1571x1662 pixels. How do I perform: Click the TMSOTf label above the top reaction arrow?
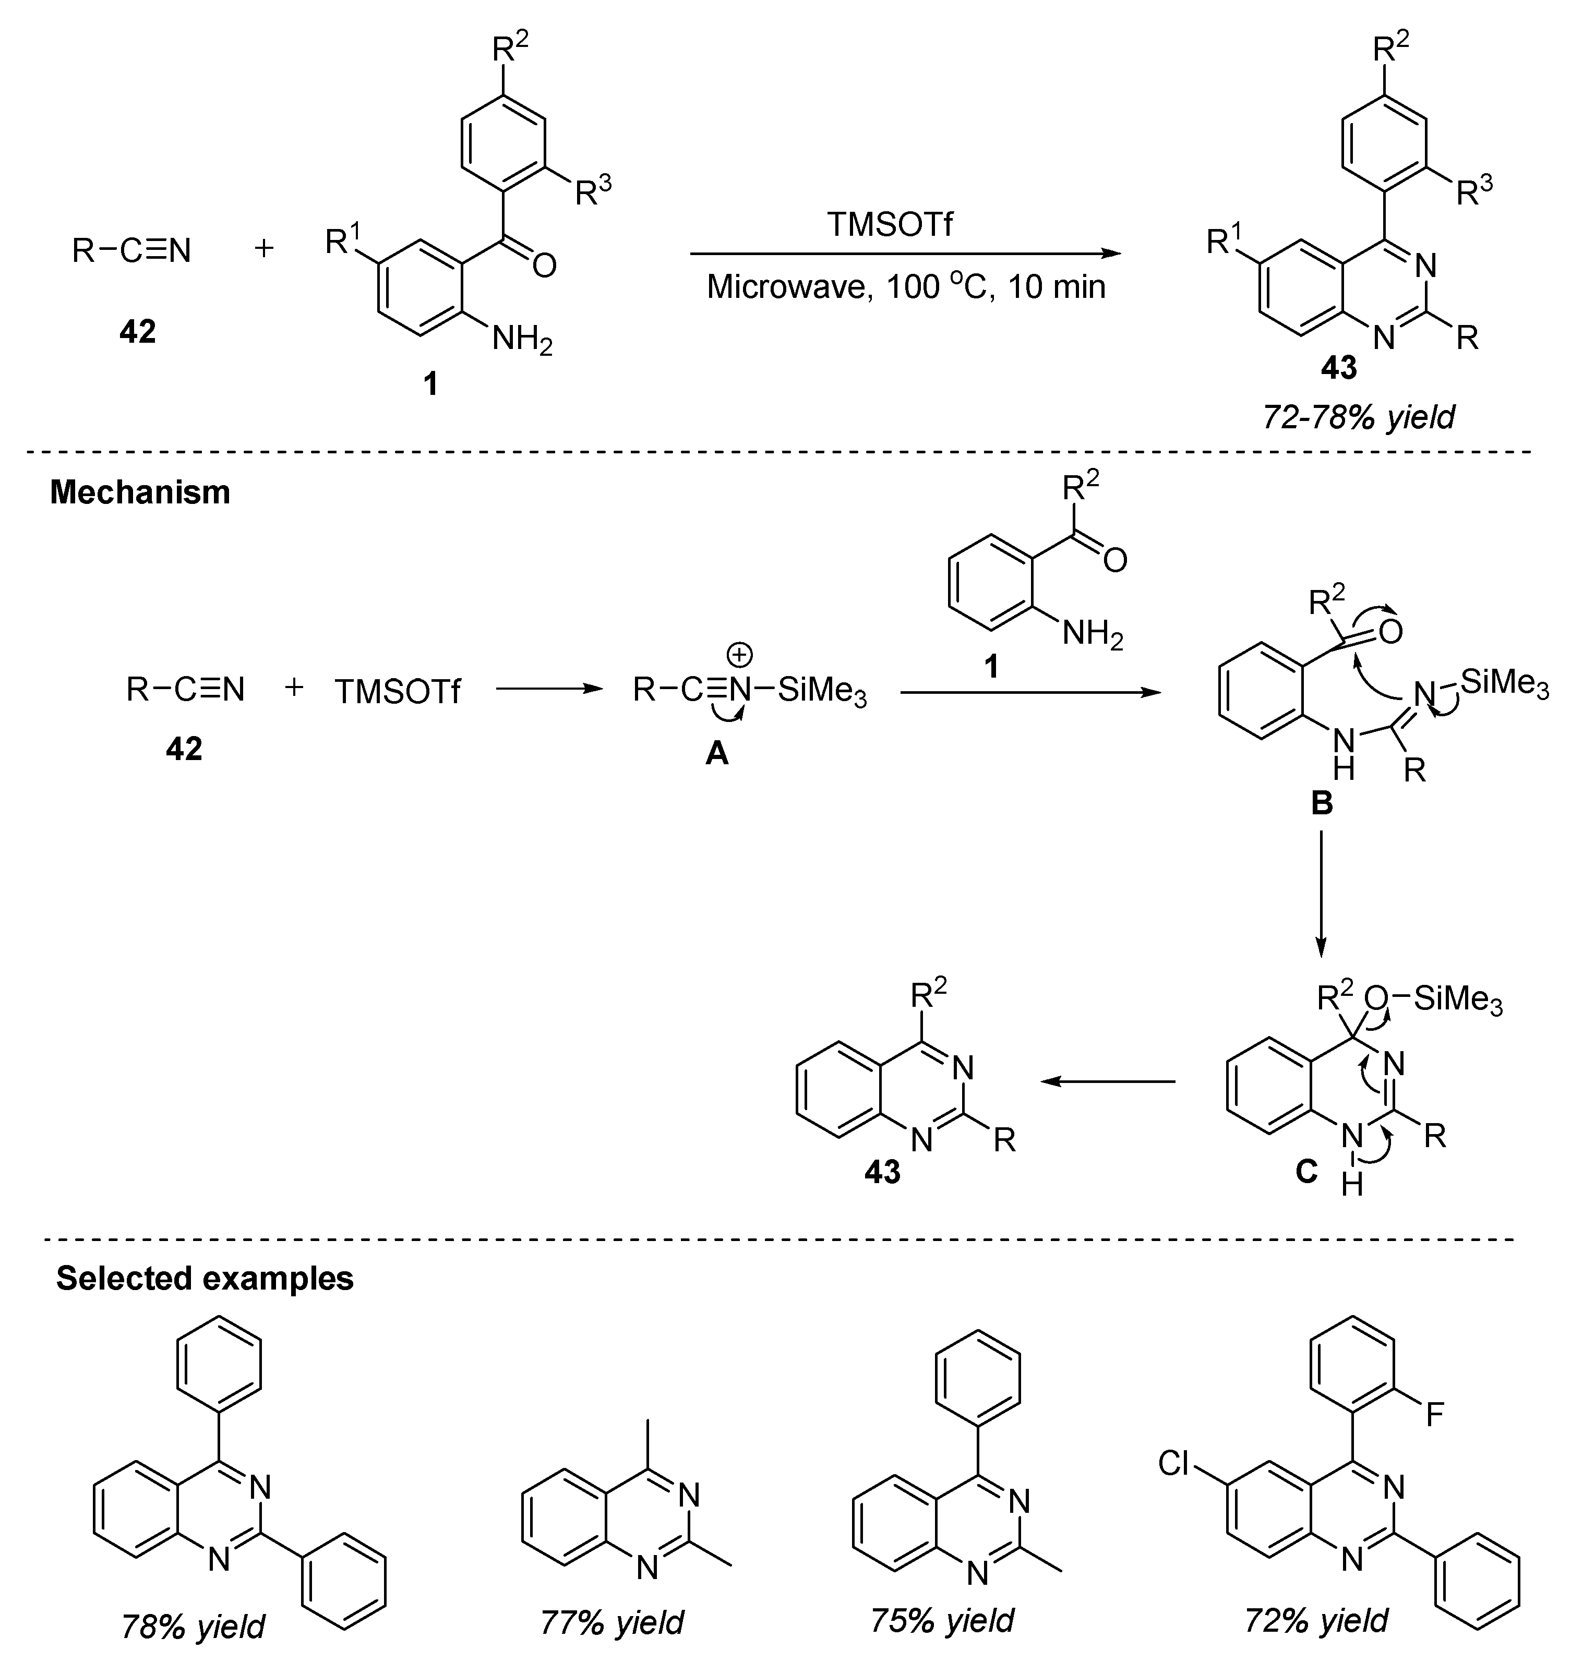click(890, 224)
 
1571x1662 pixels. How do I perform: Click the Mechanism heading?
click(140, 492)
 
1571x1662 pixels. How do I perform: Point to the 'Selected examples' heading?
click(205, 1278)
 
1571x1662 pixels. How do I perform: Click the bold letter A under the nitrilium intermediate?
click(717, 754)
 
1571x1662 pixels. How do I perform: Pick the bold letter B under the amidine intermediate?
click(1321, 803)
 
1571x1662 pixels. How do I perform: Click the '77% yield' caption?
click(611, 1622)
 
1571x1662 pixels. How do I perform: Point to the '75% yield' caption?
click(942, 1620)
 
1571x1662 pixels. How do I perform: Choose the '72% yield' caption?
click(1315, 1620)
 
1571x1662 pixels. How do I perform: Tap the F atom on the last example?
click(1434, 1415)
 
